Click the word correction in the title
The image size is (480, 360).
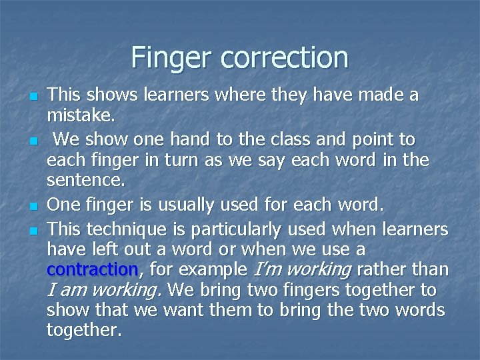(283, 58)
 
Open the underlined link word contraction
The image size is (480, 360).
(92, 269)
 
